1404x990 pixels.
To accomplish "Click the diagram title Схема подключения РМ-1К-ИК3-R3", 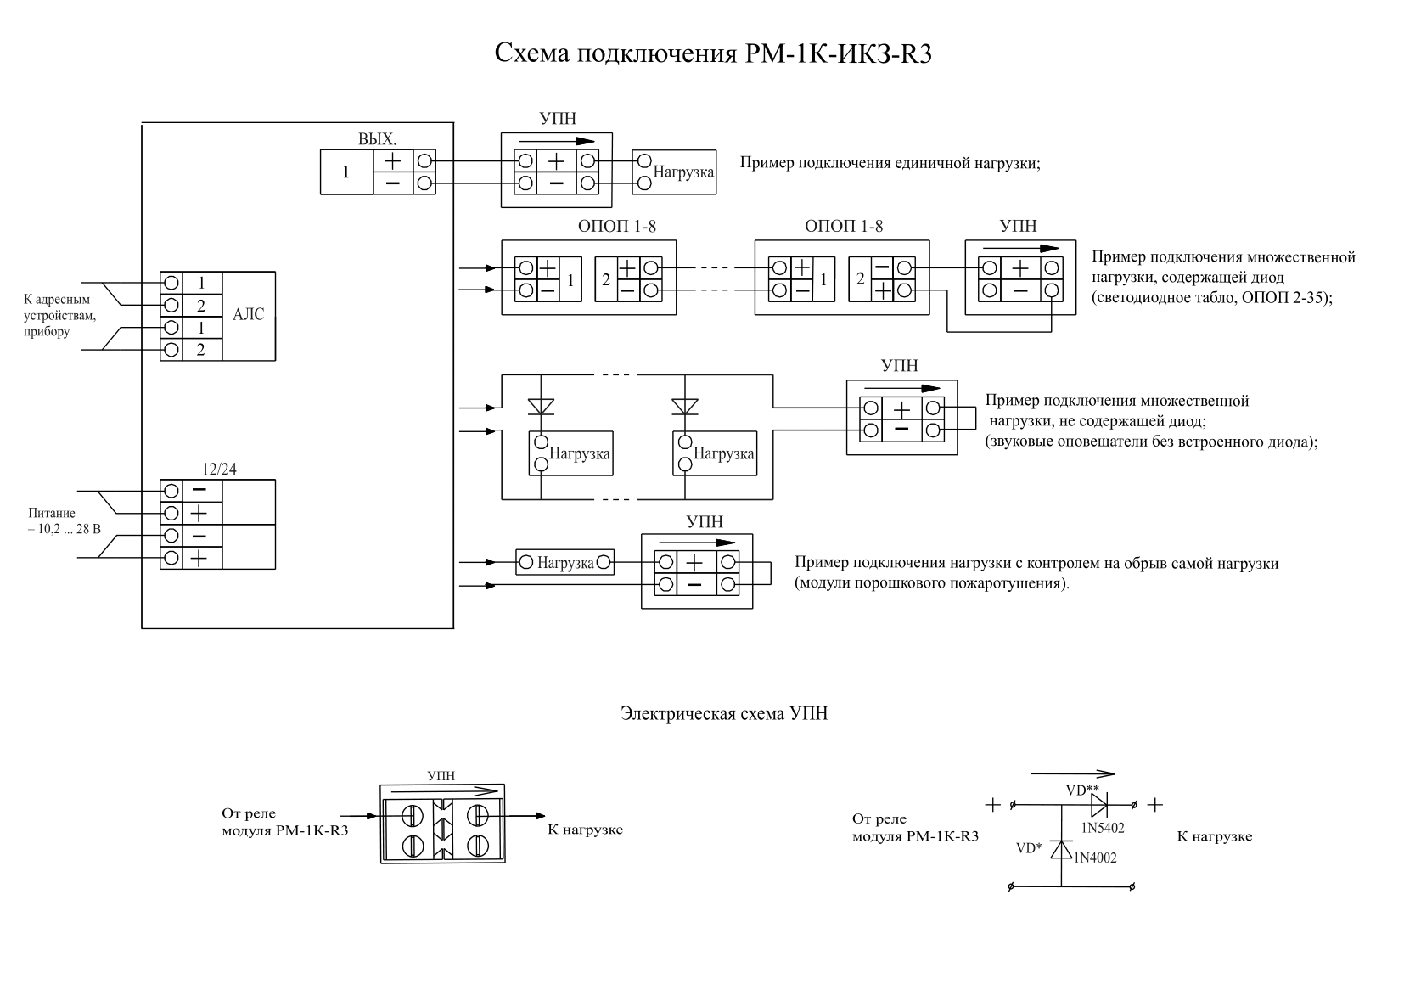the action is click(x=713, y=54).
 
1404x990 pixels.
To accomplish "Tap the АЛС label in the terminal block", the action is click(x=248, y=314).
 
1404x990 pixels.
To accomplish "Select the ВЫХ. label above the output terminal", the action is click(x=378, y=138).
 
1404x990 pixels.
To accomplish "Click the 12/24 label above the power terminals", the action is click(x=219, y=469).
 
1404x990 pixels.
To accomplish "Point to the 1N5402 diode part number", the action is click(x=1103, y=828).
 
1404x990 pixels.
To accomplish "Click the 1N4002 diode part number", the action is click(x=1095, y=858).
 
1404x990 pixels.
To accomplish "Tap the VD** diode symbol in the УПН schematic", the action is click(x=1098, y=804).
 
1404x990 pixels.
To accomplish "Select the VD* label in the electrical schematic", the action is click(x=1029, y=848).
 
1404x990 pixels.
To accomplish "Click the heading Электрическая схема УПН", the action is click(x=724, y=713).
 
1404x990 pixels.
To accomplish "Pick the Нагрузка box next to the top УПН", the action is click(x=674, y=172).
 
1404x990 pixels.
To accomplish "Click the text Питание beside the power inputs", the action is click(x=52, y=513).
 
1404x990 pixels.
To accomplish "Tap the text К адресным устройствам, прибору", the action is click(x=59, y=315).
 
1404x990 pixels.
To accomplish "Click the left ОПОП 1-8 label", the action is click(x=617, y=227).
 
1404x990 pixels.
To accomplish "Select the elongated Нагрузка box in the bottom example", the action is click(x=564, y=562).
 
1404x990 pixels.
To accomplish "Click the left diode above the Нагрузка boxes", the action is click(x=541, y=407).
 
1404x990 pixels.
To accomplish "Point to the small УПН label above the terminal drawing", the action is click(x=441, y=775).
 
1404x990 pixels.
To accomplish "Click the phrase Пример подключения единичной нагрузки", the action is click(x=890, y=163).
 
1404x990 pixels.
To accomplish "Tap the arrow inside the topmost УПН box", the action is click(x=557, y=141).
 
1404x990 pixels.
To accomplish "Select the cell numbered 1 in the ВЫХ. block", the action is click(x=346, y=172).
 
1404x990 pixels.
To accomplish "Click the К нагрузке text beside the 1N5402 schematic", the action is click(x=1214, y=836).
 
